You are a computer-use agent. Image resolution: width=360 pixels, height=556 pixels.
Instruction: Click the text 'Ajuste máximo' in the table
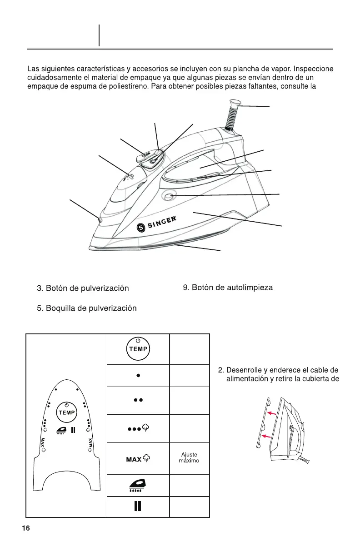click(x=189, y=458)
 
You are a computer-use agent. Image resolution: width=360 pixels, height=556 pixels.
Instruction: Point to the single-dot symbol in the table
click(x=138, y=376)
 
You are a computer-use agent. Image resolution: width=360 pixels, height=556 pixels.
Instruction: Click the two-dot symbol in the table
click(x=138, y=401)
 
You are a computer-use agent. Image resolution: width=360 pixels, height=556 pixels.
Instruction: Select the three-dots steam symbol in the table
click(x=138, y=428)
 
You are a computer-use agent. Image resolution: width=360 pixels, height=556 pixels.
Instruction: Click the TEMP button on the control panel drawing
click(x=67, y=412)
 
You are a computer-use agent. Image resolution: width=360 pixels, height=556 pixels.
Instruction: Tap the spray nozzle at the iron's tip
click(x=100, y=219)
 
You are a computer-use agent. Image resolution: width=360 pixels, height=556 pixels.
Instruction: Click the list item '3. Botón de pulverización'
click(x=83, y=288)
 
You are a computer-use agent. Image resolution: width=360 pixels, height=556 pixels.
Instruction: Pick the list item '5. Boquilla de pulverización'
click(x=87, y=308)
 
